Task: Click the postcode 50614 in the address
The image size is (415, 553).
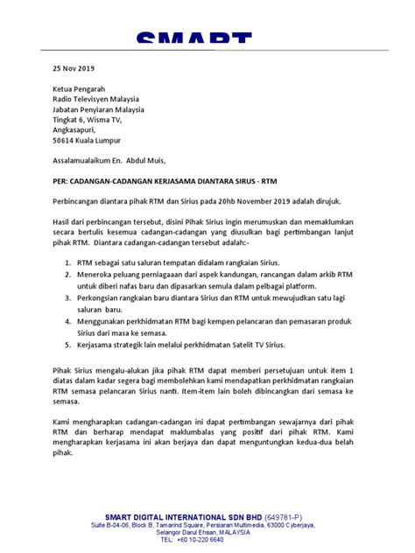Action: [63, 140]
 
